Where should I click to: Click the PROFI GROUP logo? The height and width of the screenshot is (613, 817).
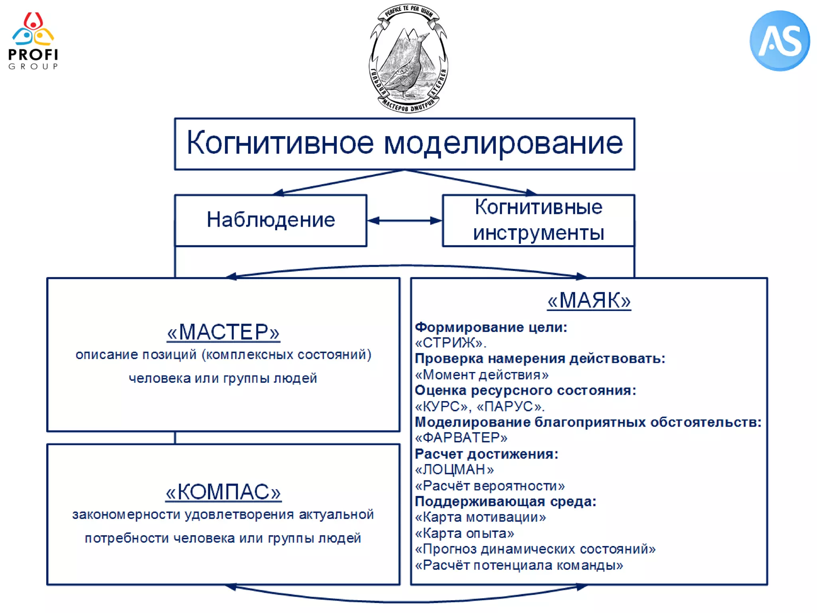(33, 41)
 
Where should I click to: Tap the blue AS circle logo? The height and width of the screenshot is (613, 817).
(780, 41)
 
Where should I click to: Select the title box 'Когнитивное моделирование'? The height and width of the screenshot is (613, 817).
(404, 144)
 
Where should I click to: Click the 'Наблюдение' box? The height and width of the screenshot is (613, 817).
(270, 220)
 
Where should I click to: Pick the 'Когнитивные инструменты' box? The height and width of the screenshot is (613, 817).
(538, 220)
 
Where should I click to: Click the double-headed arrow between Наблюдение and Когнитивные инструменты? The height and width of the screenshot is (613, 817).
(405, 220)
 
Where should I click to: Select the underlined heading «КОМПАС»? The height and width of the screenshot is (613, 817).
(223, 492)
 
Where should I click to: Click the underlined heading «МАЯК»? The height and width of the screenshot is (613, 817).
(589, 300)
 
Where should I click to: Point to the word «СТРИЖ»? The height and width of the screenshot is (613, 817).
(449, 343)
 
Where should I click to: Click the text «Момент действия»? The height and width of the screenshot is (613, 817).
(482, 375)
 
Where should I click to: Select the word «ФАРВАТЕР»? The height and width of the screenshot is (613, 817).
(461, 438)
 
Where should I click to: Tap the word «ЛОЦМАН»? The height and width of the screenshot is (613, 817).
(454, 470)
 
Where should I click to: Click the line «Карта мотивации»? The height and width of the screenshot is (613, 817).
(480, 517)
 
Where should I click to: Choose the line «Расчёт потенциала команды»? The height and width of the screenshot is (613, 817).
(519, 565)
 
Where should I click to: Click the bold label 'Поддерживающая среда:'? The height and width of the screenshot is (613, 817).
(505, 502)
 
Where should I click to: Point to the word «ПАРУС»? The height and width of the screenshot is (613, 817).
(509, 407)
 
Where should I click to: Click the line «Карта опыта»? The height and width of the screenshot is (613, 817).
(464, 533)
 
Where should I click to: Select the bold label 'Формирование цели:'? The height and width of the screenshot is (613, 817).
(491, 327)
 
